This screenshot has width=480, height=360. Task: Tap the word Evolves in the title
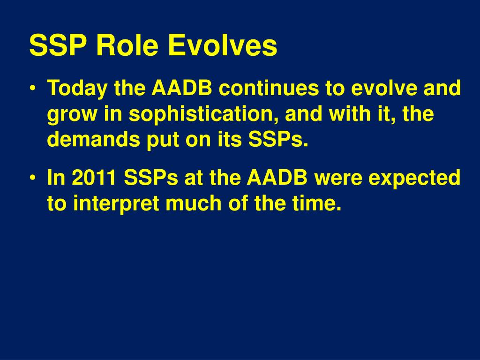[223, 45]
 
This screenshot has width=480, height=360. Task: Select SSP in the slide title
[58, 45]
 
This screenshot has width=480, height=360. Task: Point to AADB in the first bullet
[182, 88]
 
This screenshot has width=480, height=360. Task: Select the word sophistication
[203, 114]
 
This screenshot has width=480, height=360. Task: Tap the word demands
[93, 139]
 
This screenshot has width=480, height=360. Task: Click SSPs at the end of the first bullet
[278, 139]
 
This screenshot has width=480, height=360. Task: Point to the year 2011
[94, 177]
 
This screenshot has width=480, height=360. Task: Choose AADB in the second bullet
[277, 177]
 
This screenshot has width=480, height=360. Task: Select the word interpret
[116, 204]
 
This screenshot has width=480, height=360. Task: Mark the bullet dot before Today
[32, 88]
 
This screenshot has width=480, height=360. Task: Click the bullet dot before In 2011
[32, 178]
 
